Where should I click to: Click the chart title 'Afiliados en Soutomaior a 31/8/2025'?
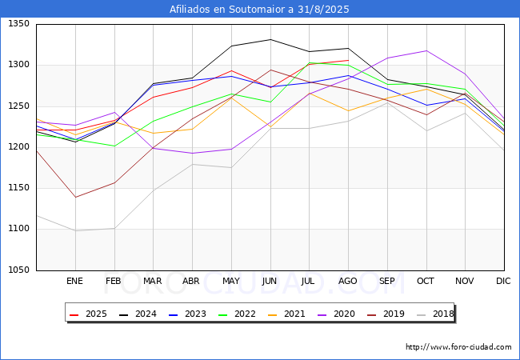259,10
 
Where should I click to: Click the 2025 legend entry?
90,314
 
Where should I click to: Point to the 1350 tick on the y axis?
18,24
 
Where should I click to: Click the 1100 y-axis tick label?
18,229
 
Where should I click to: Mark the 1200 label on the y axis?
18,147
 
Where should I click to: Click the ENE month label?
74,281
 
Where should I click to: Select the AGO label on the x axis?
348,281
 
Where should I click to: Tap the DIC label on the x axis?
503,281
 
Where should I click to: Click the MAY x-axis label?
231,281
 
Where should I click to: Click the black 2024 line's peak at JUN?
270,39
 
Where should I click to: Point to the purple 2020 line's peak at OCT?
426,50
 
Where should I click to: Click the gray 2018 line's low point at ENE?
75,230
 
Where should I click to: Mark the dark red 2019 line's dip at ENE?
75,197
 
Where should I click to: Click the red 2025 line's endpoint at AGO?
348,60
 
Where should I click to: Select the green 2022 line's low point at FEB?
114,146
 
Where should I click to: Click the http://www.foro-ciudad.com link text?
458,347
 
